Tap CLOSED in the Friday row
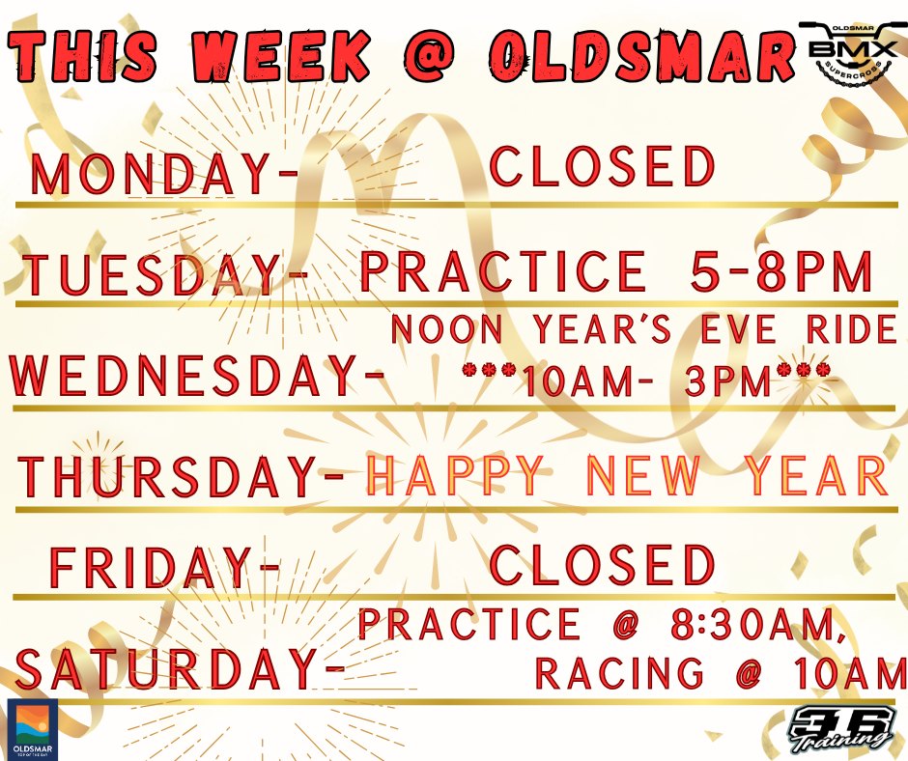[603, 565]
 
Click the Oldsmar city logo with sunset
[32, 729]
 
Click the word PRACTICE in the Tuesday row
[502, 271]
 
